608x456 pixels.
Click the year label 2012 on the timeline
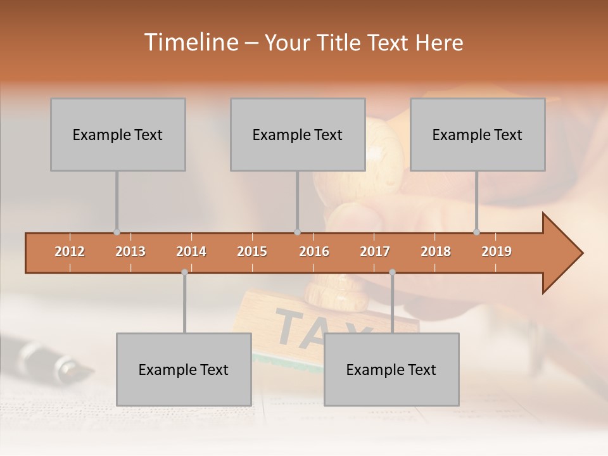click(70, 251)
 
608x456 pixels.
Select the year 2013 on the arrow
click(130, 251)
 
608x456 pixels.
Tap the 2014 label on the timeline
click(191, 251)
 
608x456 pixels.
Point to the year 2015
click(252, 251)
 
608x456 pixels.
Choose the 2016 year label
click(314, 251)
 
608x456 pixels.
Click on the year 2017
click(375, 251)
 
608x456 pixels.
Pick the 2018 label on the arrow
click(436, 251)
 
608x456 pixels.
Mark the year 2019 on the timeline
click(497, 251)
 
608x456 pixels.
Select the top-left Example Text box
click(118, 134)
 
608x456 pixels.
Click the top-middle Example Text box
click(298, 134)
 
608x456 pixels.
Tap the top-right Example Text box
click(478, 134)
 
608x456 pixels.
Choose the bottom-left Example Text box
click(184, 369)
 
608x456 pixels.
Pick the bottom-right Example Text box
click(391, 369)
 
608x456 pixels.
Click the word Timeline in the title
click(189, 42)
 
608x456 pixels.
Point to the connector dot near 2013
click(117, 232)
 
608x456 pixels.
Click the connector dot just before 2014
click(184, 272)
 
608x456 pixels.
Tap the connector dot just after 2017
click(392, 272)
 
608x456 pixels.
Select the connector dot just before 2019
click(476, 232)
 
